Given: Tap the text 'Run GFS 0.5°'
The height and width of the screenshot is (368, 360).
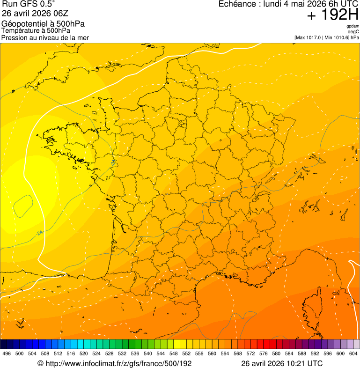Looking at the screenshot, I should (x=28, y=5).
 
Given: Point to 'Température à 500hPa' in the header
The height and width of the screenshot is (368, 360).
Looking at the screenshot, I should (x=37, y=30).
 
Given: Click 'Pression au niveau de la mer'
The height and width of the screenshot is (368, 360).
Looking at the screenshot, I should (x=45, y=37).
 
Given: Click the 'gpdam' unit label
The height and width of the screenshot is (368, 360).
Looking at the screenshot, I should (x=353, y=26).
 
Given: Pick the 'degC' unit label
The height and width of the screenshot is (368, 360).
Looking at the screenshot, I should (x=353, y=31).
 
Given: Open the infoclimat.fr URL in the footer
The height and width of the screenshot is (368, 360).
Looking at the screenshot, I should (x=115, y=363).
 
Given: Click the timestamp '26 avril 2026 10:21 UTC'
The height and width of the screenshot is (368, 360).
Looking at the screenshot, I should (x=282, y=363).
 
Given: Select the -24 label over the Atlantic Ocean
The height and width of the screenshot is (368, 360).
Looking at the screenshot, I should (x=40, y=233).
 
